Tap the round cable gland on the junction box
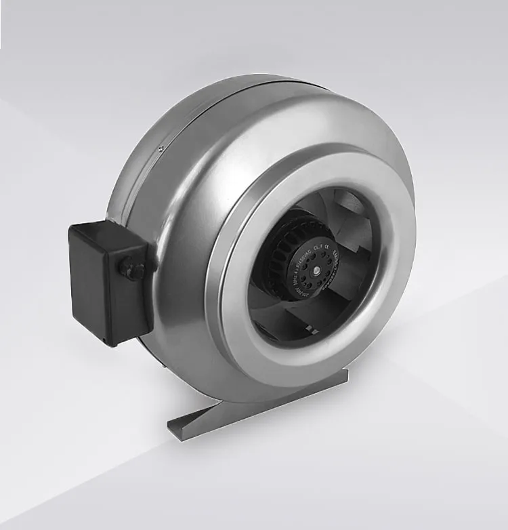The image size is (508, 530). tap(131, 267)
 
